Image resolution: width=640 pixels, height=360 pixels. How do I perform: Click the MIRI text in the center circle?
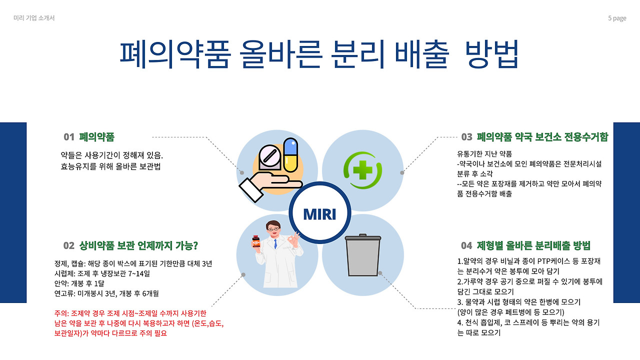tap(319, 214)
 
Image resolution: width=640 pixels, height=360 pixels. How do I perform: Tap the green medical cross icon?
tap(362, 171)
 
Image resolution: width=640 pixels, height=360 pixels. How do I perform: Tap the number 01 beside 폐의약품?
tap(69, 137)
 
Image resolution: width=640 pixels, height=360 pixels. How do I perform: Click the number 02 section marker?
tap(69, 245)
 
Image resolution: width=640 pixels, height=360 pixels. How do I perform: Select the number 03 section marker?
tap(466, 137)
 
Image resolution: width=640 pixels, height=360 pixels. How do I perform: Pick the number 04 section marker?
tap(466, 245)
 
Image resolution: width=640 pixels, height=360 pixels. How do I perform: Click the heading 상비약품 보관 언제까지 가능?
tap(139, 245)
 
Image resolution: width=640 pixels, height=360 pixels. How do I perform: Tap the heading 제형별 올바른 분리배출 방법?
tap(533, 245)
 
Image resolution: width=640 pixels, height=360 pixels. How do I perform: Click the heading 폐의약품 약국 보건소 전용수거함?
tap(542, 137)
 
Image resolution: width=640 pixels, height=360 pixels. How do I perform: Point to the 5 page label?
tap(617, 18)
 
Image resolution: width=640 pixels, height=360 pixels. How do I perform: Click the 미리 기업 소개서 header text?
tap(34, 18)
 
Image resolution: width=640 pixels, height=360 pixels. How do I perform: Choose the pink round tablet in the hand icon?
tap(270, 155)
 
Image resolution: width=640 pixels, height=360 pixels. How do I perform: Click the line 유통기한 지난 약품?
tap(484, 153)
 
